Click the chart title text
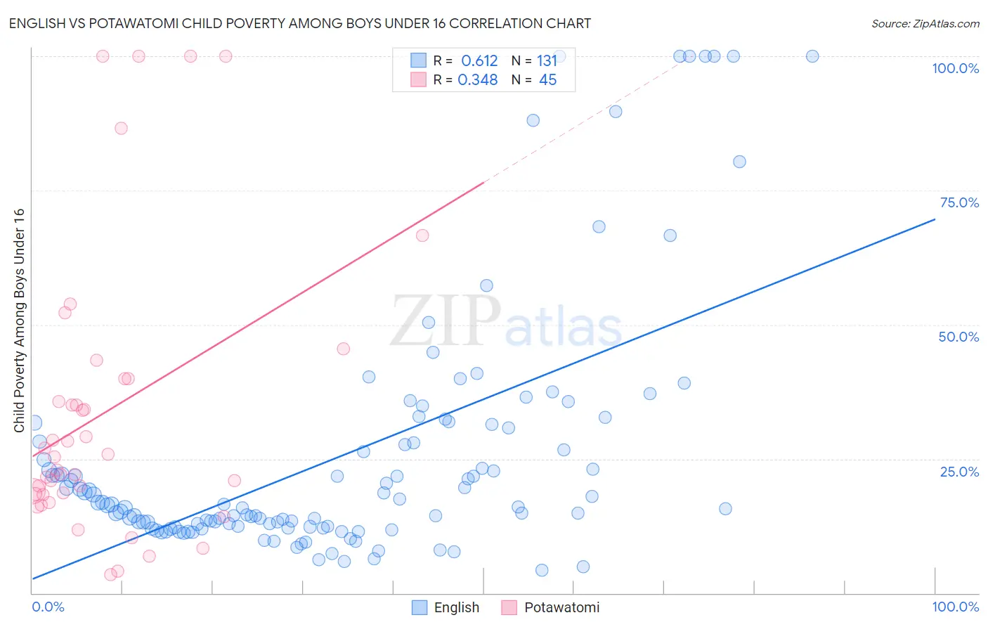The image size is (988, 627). click(x=299, y=23)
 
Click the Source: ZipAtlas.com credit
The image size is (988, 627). click(x=925, y=23)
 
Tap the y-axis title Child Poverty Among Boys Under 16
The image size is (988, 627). click(x=19, y=320)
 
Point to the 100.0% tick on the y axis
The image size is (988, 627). click(x=955, y=68)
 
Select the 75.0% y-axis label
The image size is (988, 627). click(x=958, y=202)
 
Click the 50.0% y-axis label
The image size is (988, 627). click(x=958, y=337)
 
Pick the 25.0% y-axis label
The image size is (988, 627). click(x=958, y=472)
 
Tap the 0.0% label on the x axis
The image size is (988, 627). click(x=48, y=607)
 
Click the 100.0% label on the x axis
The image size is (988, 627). click(x=955, y=607)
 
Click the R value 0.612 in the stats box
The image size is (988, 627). click(x=479, y=61)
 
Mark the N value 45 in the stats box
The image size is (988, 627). click(x=547, y=80)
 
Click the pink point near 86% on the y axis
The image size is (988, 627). click(x=121, y=128)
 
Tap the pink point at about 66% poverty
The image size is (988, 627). click(x=422, y=235)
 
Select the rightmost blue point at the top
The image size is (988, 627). click(x=812, y=56)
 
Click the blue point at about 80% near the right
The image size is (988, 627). click(x=739, y=162)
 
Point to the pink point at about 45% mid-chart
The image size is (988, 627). click(x=344, y=349)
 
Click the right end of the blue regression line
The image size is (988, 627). click(x=935, y=219)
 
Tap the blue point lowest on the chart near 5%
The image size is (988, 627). click(x=542, y=570)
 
